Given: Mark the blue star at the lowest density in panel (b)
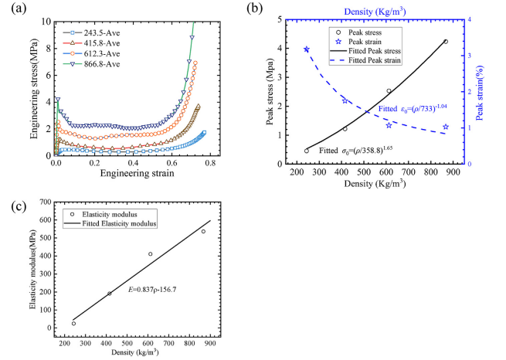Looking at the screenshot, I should click(x=307, y=49).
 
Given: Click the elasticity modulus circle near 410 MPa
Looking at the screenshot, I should click(x=151, y=253).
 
